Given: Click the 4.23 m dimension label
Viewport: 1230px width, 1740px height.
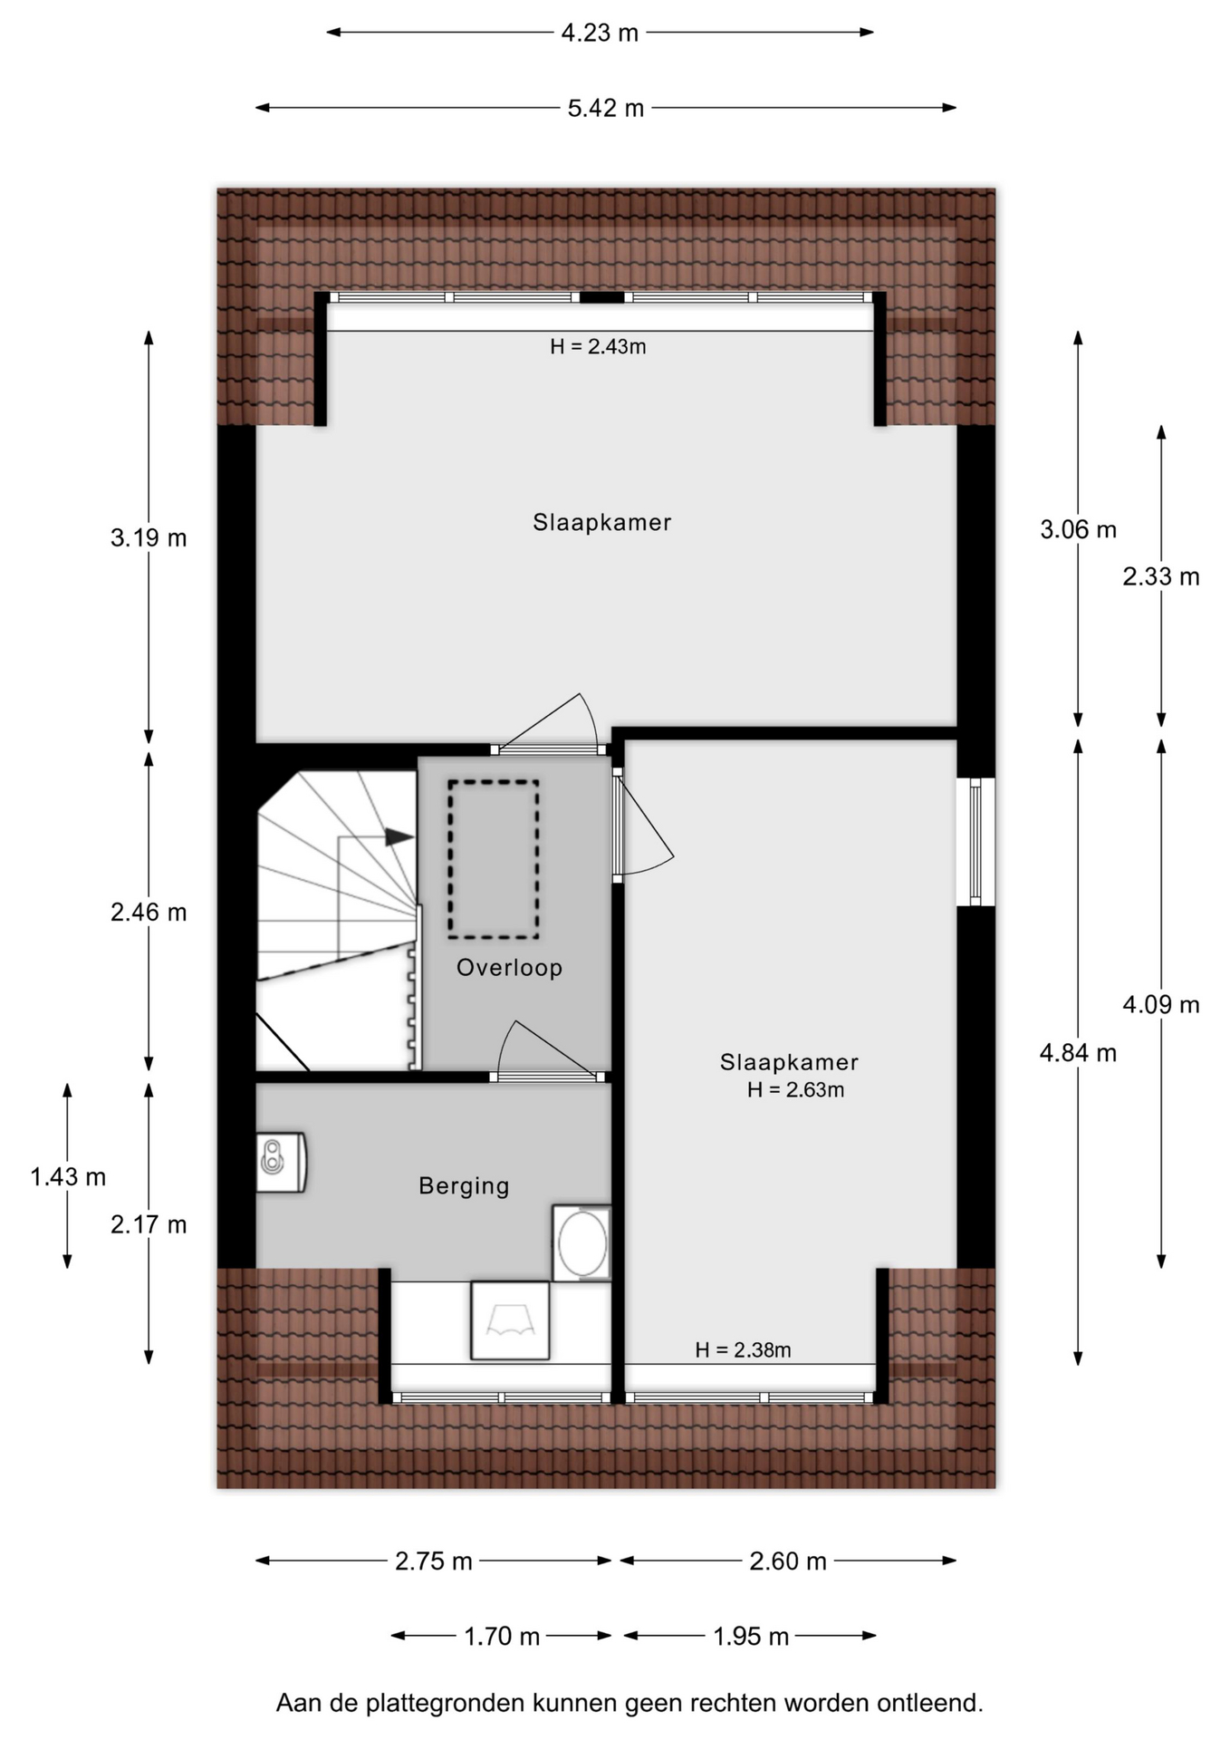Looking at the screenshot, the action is pyautogui.click(x=600, y=33).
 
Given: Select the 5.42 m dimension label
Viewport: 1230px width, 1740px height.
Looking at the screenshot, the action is pyautogui.click(x=606, y=108).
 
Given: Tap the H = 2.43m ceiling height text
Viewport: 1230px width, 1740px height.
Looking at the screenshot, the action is pyautogui.click(x=598, y=346).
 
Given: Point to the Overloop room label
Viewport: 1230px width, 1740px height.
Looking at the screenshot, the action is pyautogui.click(x=509, y=968).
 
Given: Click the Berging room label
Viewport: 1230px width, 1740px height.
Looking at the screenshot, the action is pyautogui.click(x=464, y=1186).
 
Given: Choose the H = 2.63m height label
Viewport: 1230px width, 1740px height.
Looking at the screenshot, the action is pyautogui.click(x=795, y=1090).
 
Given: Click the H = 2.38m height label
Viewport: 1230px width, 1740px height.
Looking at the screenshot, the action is pyautogui.click(x=743, y=1350).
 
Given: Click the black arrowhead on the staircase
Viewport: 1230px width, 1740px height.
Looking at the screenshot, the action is pyautogui.click(x=399, y=836).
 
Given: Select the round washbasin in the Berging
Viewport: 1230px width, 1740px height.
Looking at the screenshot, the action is pyautogui.click(x=582, y=1243).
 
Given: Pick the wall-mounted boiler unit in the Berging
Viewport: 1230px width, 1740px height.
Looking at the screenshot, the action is pyautogui.click(x=281, y=1162).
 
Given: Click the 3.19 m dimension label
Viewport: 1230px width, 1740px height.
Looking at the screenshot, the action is pyautogui.click(x=149, y=538).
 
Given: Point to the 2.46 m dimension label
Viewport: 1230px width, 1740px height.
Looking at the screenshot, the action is pyautogui.click(x=149, y=913).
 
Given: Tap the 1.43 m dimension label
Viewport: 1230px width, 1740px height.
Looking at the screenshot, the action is pyautogui.click(x=68, y=1177).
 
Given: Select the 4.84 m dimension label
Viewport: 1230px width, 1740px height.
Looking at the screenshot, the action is pyautogui.click(x=1078, y=1053).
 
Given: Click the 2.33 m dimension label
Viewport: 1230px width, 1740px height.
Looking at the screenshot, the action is pyautogui.click(x=1161, y=576).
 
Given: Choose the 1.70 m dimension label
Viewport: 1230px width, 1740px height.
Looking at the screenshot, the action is pyautogui.click(x=502, y=1637).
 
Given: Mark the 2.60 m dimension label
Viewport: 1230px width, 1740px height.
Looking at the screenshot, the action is pyautogui.click(x=788, y=1561).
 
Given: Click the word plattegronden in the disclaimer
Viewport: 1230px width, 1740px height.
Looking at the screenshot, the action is pyautogui.click(x=446, y=1704).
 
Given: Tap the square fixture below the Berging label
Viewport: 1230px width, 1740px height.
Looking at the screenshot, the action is pyautogui.click(x=510, y=1320).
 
